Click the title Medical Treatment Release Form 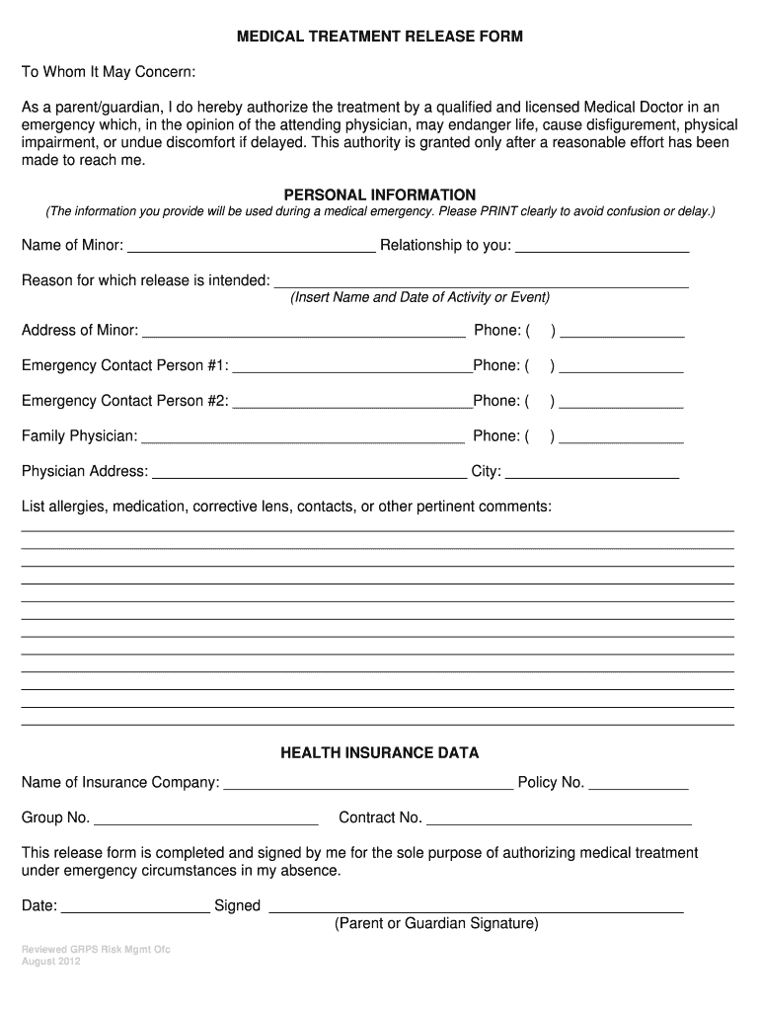click(x=379, y=37)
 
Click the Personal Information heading click(x=380, y=194)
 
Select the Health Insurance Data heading click(x=380, y=752)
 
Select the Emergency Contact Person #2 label click(x=125, y=401)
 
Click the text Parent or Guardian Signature click(x=436, y=924)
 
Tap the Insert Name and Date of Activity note click(x=419, y=297)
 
